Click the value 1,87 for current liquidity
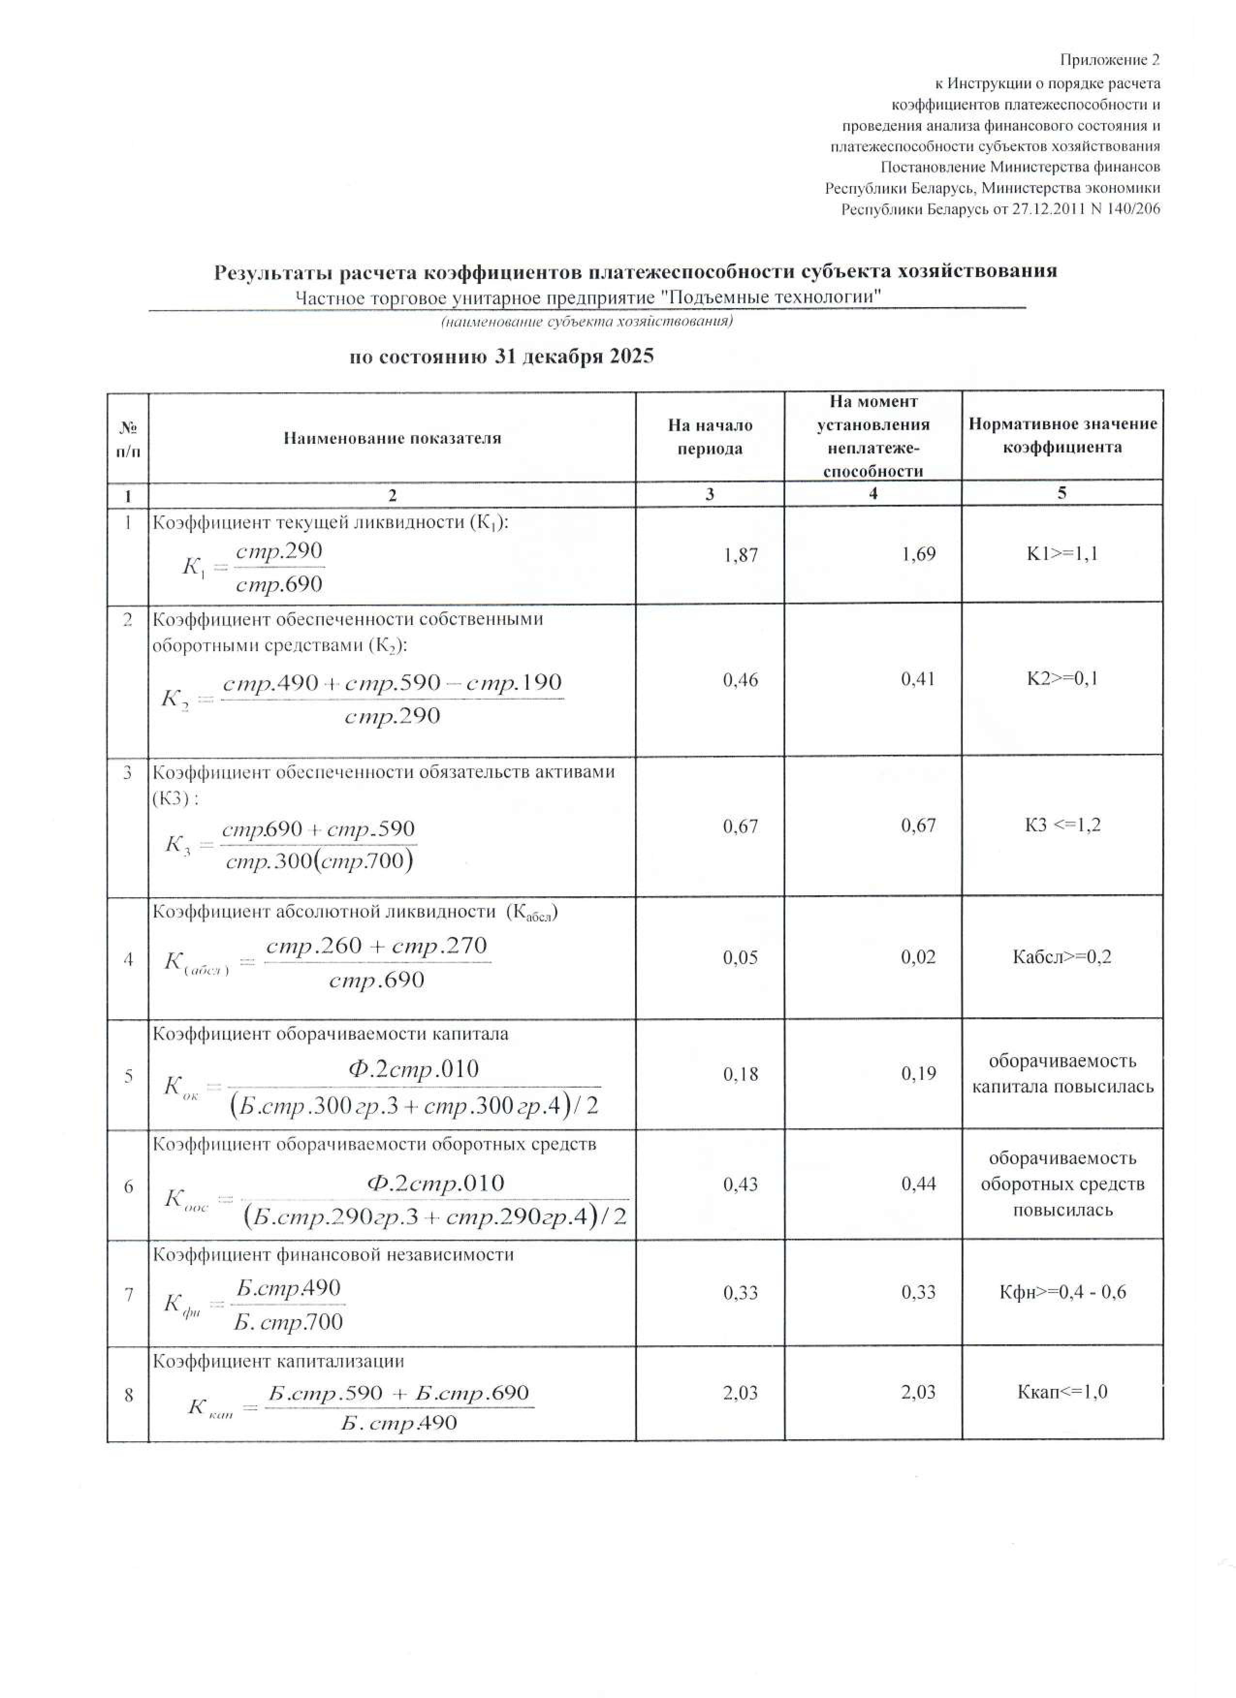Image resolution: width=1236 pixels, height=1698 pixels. [x=740, y=555]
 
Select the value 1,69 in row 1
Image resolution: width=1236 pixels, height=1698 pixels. [x=919, y=554]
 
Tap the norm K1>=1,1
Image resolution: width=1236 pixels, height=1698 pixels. [x=1062, y=554]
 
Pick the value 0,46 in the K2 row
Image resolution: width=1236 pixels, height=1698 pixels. [x=740, y=679]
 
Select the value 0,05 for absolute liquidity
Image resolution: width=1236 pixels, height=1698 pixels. [x=740, y=958]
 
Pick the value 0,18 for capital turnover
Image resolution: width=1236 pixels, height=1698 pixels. [x=740, y=1075]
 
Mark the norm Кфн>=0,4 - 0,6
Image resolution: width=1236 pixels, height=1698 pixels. [x=1062, y=1292]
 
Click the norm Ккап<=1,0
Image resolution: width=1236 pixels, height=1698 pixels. [x=1062, y=1392]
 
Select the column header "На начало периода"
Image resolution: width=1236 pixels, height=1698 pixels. [x=710, y=436]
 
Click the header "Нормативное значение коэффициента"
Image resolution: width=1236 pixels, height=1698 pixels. [x=1062, y=435]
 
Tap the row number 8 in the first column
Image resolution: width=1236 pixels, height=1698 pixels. [x=128, y=1394]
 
